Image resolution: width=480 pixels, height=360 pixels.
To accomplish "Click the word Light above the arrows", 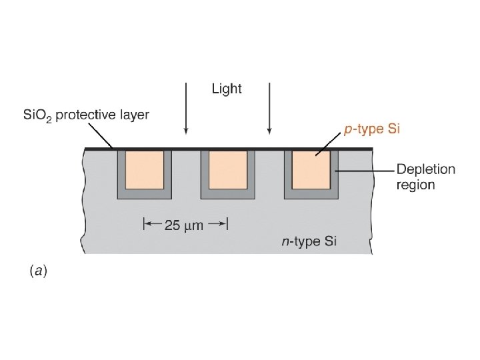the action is (x=227, y=89).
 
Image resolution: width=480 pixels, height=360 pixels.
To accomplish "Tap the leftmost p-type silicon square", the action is (x=144, y=170).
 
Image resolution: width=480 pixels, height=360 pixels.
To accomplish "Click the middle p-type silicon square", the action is (x=228, y=170).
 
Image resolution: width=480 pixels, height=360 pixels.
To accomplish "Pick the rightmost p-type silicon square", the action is (x=311, y=170).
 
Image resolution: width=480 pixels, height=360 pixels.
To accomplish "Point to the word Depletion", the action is (x=426, y=169).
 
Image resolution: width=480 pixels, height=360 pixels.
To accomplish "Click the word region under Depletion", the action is (x=415, y=185).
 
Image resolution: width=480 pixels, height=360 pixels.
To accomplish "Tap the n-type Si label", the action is (x=309, y=241).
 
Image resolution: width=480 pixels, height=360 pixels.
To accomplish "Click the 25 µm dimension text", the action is (x=183, y=225).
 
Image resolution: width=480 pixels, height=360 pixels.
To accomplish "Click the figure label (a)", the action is (x=37, y=271).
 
